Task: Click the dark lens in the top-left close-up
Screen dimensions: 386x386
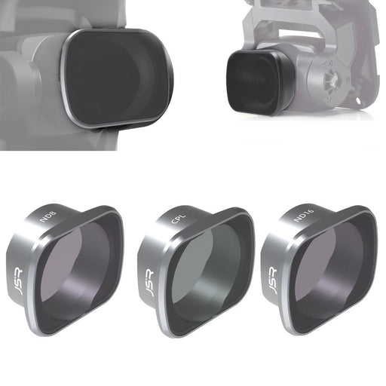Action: coord(113,75)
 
